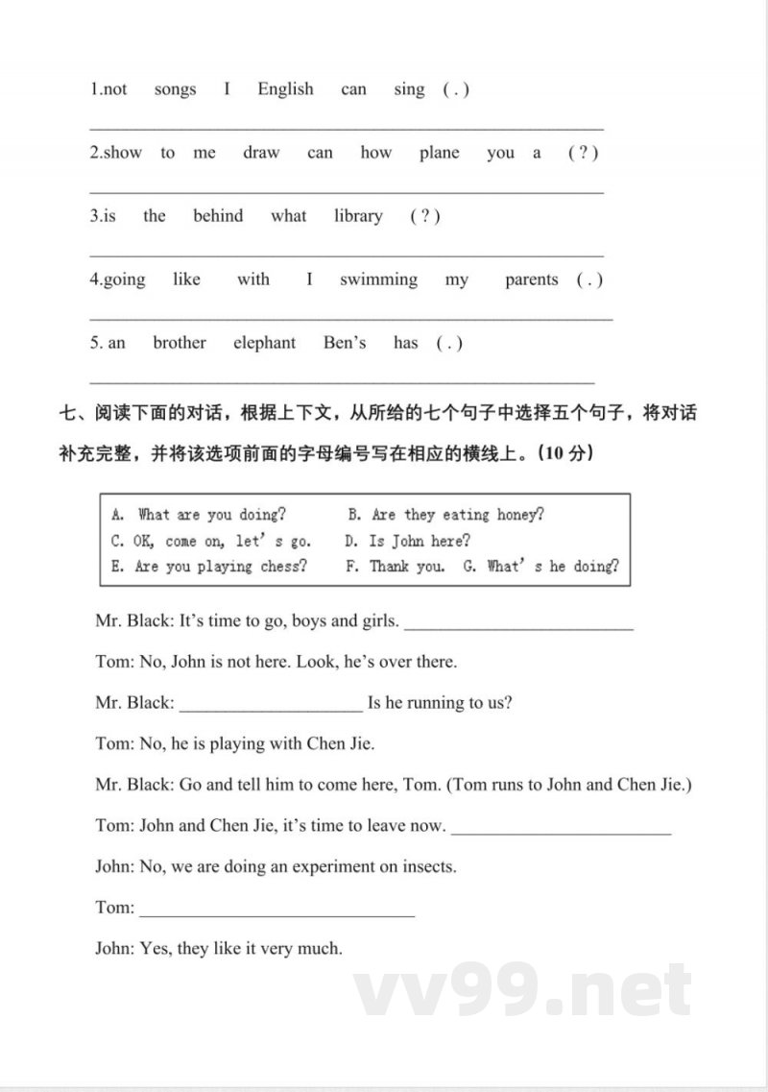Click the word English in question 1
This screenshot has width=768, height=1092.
(285, 89)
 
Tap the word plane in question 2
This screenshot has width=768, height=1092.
(439, 153)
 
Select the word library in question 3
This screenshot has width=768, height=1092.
(358, 216)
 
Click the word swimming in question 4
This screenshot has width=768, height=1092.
(378, 279)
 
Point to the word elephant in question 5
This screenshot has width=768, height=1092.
(264, 343)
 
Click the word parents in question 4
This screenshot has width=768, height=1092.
(531, 279)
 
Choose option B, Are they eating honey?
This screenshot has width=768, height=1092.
(445, 515)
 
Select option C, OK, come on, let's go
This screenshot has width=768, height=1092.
(211, 541)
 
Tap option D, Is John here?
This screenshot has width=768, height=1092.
(407, 541)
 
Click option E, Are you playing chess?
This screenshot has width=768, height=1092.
(208, 567)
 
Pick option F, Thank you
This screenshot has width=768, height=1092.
(395, 567)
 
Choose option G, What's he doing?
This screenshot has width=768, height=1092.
(540, 567)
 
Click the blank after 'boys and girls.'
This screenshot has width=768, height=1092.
(518, 623)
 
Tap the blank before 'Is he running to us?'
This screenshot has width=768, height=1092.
(271, 705)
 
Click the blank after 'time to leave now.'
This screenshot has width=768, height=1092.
(561, 828)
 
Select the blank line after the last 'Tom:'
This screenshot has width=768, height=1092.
(276, 910)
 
